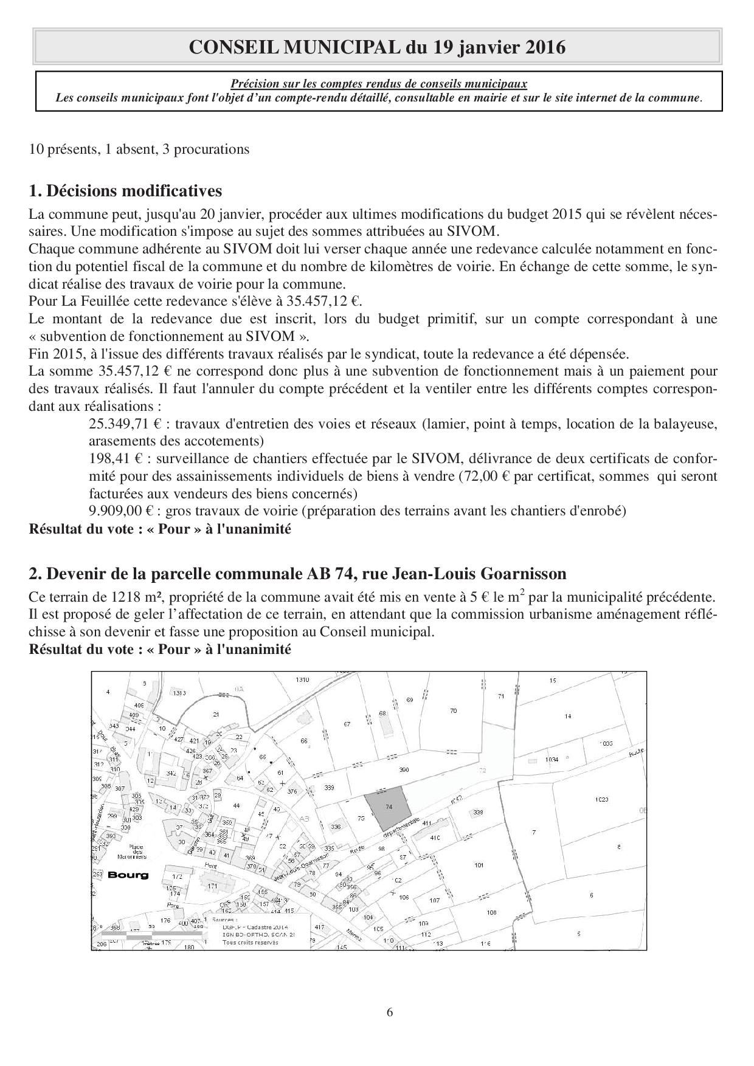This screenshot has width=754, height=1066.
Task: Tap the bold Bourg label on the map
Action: click(128, 875)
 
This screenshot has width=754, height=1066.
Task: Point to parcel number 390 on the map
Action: click(404, 770)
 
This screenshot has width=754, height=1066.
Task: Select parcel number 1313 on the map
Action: click(179, 693)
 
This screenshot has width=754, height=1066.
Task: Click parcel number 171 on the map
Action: click(212, 887)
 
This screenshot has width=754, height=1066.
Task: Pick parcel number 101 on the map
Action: click(479, 865)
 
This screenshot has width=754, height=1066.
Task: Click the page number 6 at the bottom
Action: click(390, 1012)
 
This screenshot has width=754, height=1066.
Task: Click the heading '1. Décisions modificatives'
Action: click(125, 191)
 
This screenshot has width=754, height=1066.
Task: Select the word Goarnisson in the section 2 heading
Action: click(524, 574)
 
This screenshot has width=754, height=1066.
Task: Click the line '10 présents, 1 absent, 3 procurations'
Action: click(139, 149)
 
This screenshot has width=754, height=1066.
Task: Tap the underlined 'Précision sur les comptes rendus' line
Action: click(378, 84)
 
